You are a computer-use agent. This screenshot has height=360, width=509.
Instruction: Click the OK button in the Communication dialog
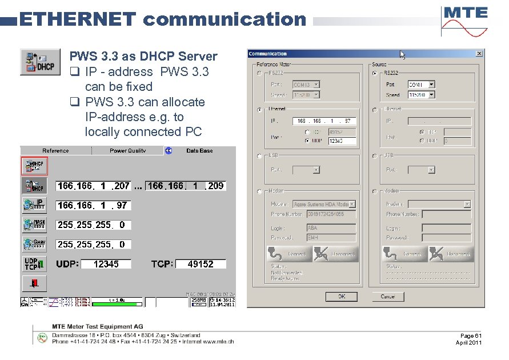[x=341, y=297]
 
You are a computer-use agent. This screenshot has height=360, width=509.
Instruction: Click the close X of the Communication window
[x=479, y=54]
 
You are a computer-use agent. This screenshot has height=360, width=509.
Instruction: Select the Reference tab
[x=55, y=151]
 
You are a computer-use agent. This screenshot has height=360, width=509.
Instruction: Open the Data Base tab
[x=199, y=151]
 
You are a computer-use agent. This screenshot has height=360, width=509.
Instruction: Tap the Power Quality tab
[x=127, y=151]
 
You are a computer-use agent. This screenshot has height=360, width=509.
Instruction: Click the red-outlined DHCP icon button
[x=34, y=166]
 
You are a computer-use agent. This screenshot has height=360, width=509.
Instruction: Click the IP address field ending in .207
[x=94, y=186]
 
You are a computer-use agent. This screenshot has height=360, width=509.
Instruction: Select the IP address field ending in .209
[x=186, y=186]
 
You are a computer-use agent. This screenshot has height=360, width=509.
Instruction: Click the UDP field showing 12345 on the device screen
[x=106, y=264]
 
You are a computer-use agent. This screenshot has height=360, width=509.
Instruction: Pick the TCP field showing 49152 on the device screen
[x=200, y=264]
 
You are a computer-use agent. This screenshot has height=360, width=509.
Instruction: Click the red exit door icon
[x=34, y=283]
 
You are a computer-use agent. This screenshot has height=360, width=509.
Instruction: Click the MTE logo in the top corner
[x=464, y=21]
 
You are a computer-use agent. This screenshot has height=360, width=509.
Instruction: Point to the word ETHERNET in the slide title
[x=78, y=19]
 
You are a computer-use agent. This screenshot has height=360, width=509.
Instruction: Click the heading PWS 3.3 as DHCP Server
[x=143, y=57]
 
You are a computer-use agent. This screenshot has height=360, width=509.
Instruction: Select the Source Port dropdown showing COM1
[x=421, y=84]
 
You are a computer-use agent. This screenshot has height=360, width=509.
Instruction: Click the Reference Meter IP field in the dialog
[x=324, y=121]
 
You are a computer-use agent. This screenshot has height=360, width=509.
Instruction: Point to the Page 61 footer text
[x=471, y=335]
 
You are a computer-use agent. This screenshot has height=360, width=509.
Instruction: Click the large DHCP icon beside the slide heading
[x=40, y=62]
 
